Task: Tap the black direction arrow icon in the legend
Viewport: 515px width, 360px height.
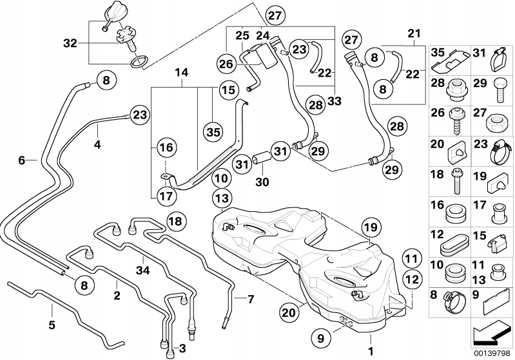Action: [x=493, y=334]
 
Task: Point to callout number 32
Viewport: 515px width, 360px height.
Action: [x=71, y=43]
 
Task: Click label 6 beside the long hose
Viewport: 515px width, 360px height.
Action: [x=22, y=161]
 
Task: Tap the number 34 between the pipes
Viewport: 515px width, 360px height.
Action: [x=142, y=270]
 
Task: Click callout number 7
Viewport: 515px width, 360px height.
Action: [x=251, y=299]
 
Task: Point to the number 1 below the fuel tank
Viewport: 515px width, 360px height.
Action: [x=370, y=351]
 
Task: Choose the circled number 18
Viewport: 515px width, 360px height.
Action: [x=175, y=221]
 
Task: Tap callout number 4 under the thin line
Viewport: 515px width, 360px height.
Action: [x=97, y=146]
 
